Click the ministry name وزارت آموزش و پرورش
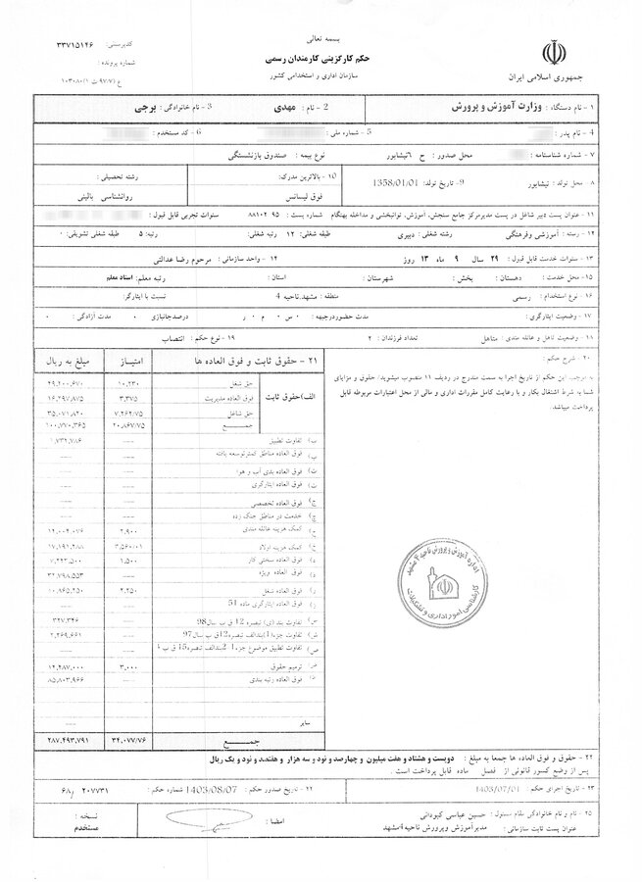click(x=493, y=104)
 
